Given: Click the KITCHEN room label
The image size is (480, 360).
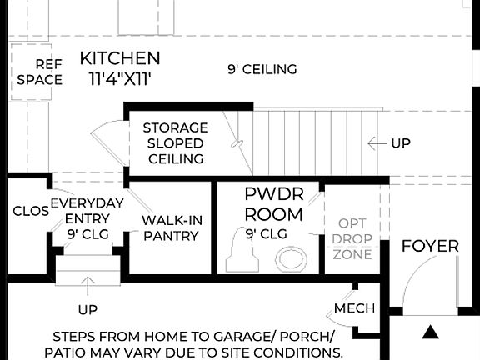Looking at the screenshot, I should (120, 58).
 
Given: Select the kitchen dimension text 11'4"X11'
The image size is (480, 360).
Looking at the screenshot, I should (120, 79).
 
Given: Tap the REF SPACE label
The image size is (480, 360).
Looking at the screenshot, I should (39, 72).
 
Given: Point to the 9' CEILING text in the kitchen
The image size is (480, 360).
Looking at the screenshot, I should (262, 69).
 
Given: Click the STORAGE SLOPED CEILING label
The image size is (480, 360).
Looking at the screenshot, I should (175, 142).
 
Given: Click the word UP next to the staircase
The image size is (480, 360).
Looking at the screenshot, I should (401, 143).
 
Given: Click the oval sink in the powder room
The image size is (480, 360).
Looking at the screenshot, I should (292, 258).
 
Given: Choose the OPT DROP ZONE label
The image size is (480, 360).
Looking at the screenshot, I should (352, 239).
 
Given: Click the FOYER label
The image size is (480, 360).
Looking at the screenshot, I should (430, 246).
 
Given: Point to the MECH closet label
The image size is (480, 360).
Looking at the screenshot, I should (354, 309).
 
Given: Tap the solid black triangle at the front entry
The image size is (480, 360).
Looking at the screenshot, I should (430, 332).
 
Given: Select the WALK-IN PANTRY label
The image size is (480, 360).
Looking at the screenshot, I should (171, 227).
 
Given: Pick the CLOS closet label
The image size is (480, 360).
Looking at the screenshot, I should (30, 211).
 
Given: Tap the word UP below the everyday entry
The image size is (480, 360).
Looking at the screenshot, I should (87, 310).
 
